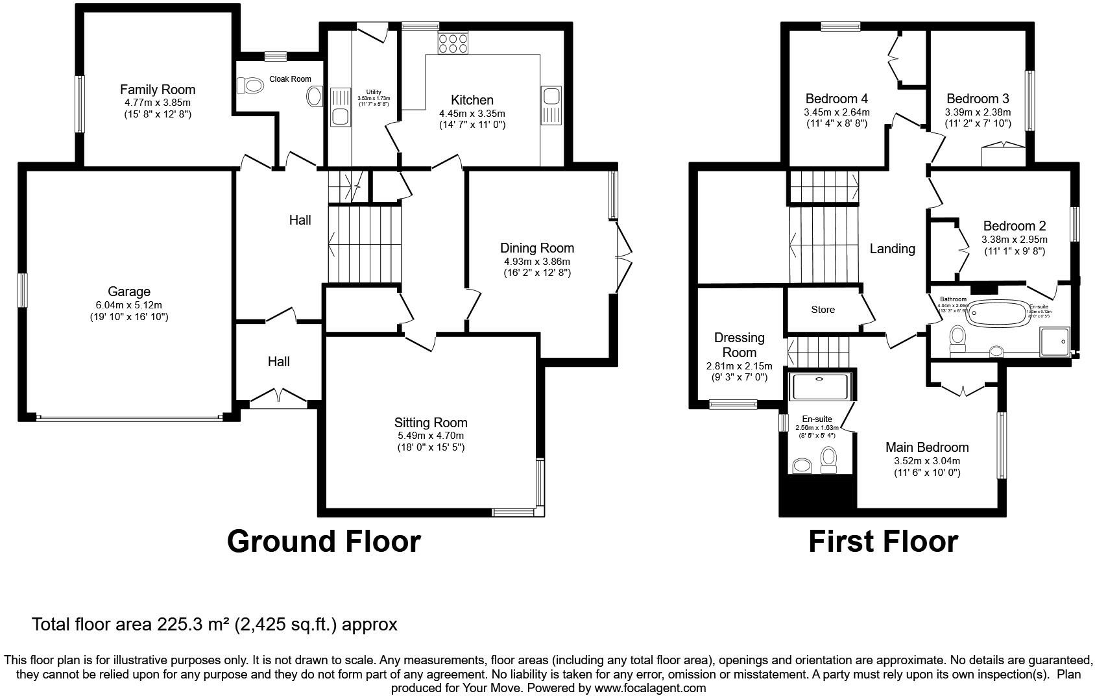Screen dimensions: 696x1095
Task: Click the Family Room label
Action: coord(157,90)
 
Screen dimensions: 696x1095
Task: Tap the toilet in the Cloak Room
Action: coord(246,85)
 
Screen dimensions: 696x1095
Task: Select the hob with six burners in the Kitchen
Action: coord(453,43)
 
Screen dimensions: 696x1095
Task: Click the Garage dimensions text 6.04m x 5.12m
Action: coord(129,304)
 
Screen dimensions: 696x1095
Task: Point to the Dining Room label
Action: coord(536,248)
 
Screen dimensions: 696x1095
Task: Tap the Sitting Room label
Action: coord(431,423)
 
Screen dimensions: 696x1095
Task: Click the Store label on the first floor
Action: coord(823,310)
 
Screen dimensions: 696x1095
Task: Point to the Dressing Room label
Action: coord(739,345)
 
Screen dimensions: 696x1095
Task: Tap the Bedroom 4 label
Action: coord(836,99)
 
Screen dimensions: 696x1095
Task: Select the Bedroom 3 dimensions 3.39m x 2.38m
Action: coord(978,112)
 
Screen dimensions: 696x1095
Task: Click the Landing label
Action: coord(892,249)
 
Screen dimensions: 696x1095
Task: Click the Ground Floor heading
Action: coord(324,541)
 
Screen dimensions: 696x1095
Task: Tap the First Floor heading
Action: coord(882,541)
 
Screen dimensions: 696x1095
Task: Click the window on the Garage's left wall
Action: coord(23,290)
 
